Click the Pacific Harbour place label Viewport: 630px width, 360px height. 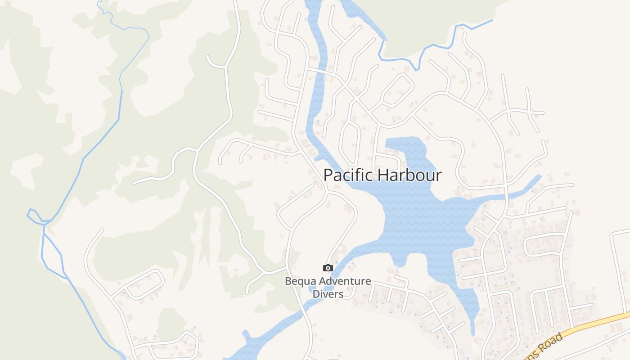[x=382, y=175]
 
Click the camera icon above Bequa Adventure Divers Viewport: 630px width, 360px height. [x=328, y=268]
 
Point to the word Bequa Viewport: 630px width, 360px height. [x=299, y=282]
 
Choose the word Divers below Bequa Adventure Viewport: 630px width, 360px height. [x=328, y=294]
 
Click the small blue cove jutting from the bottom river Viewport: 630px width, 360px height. [x=246, y=336]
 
